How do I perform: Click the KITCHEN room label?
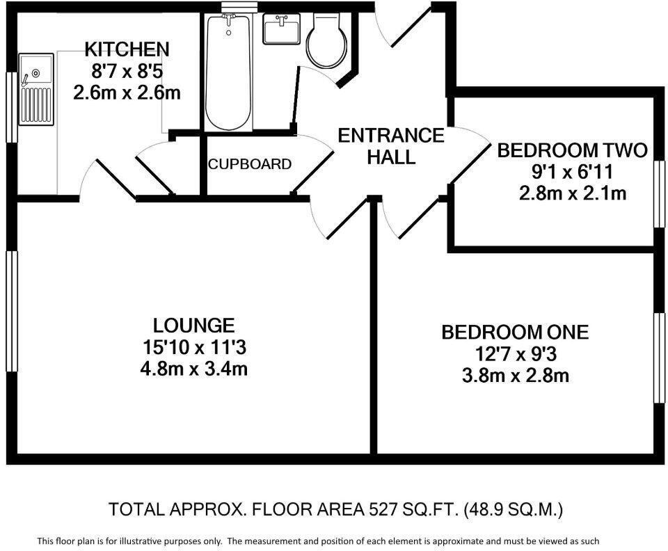[127, 49]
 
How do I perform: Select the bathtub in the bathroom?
[228, 73]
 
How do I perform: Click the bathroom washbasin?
[281, 30]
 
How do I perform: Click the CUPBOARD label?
[250, 165]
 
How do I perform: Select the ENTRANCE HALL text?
[390, 146]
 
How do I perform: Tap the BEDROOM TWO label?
[572, 150]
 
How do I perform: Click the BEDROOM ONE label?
[515, 333]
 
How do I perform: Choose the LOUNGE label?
[194, 325]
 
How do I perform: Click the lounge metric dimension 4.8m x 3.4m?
[194, 367]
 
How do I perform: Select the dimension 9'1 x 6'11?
[572, 171]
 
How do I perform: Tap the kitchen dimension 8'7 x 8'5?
[127, 70]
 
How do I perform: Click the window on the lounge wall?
[11, 311]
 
